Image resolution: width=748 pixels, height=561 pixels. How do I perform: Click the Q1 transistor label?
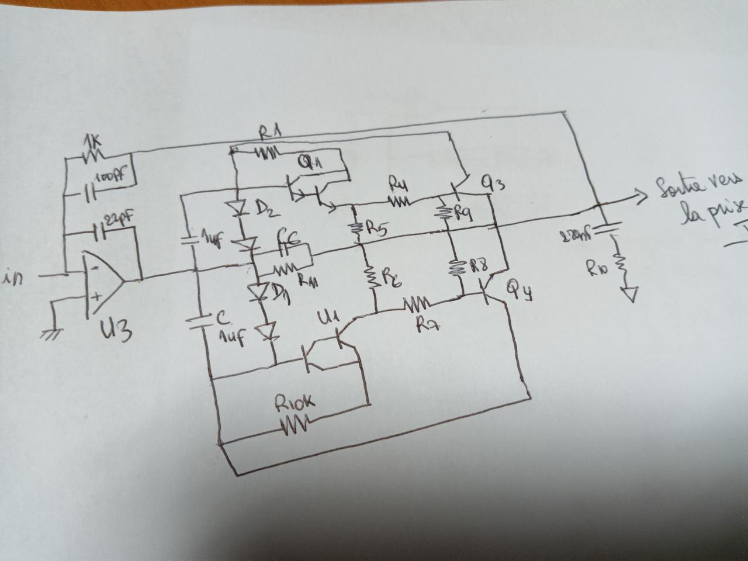[310, 164]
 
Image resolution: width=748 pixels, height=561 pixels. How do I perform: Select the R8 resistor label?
[478, 266]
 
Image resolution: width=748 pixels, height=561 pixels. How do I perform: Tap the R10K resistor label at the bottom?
[295, 403]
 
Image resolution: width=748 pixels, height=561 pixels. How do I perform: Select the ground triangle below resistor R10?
[629, 293]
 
